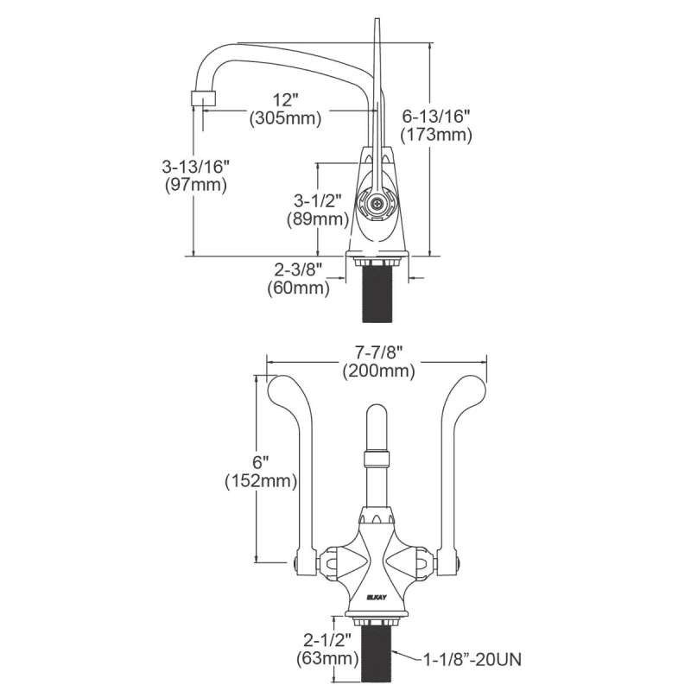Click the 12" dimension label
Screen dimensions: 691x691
point(284,100)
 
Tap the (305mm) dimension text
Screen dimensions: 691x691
point(284,119)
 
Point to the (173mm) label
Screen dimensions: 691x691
point(437,134)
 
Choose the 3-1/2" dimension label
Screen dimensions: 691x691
point(317,200)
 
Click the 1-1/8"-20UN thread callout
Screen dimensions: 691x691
point(472,661)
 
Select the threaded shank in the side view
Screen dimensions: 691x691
point(376,294)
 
